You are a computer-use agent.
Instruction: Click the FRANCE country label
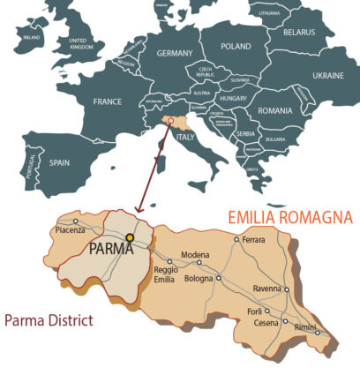point(107,101)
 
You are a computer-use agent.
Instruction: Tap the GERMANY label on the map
point(174,53)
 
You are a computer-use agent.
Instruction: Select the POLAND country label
point(236,46)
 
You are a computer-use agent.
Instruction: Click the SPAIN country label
point(58,163)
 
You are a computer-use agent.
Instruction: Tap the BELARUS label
point(299,32)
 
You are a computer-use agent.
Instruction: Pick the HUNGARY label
point(235,100)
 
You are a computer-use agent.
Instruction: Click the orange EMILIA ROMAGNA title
point(290,217)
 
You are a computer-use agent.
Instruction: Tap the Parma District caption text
point(48,319)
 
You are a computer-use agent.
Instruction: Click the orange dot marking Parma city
point(130,237)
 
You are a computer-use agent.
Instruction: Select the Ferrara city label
point(253,240)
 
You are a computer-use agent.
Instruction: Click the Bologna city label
point(200,279)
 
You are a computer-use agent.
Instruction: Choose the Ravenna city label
point(266,289)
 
